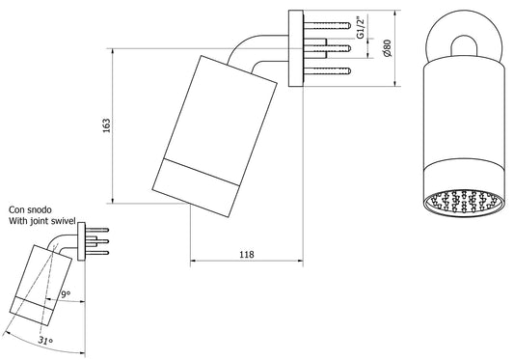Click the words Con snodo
[31, 208]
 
